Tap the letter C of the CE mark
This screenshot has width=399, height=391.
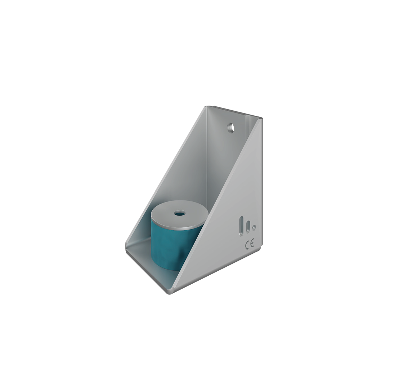point(247,245)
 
